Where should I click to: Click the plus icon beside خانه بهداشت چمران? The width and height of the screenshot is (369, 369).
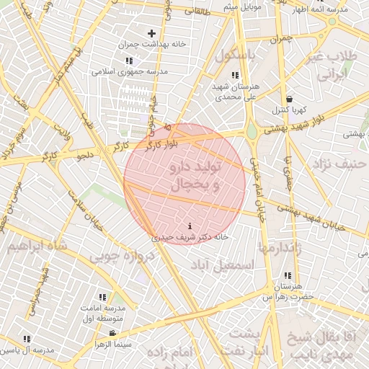coord(151,33)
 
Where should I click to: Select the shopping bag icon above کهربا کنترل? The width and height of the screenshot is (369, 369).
coord(289,99)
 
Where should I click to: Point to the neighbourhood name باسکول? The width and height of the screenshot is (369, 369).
coord(226,55)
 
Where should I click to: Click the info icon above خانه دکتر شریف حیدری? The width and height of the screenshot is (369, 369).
coord(190,226)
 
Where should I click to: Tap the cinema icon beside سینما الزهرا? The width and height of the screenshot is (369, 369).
coord(112,333)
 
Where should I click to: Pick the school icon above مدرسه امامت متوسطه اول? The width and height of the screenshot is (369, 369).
coord(102,297)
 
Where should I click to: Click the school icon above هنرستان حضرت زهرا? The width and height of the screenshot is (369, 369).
coord(288,276)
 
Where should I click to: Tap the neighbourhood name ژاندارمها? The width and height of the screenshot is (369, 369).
coord(286,248)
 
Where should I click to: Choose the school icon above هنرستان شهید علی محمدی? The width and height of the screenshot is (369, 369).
coord(235,75)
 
